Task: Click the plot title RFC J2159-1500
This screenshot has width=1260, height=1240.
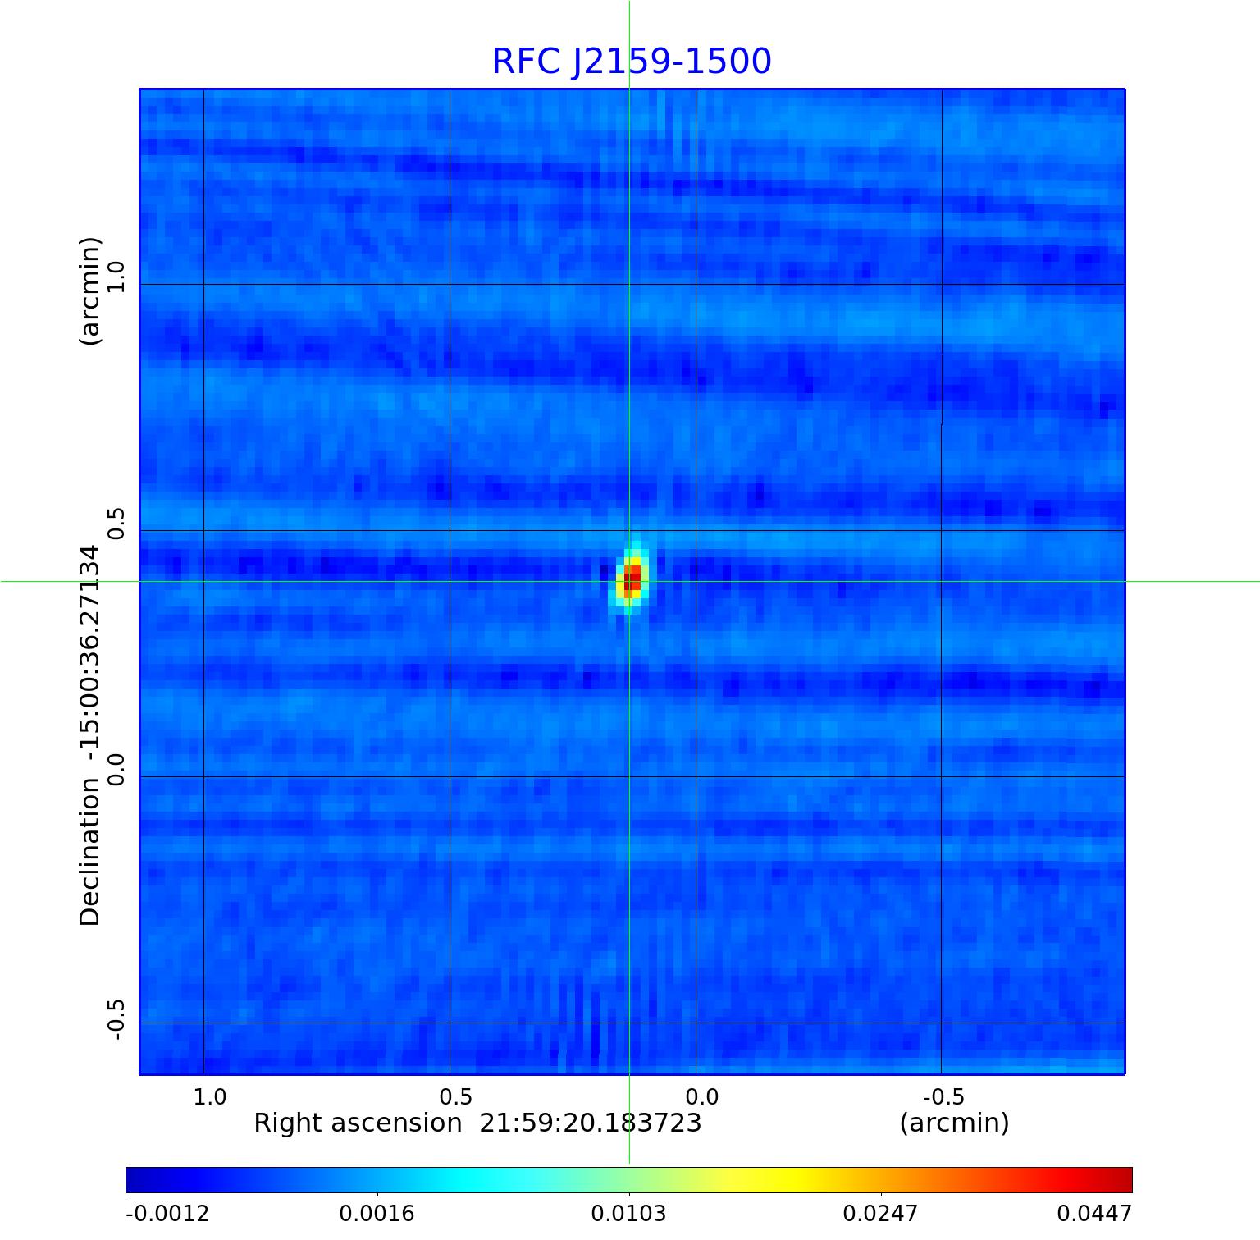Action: pos(631,62)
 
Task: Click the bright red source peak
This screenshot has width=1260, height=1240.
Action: pos(632,579)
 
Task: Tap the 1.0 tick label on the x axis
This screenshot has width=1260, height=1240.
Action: pos(210,1096)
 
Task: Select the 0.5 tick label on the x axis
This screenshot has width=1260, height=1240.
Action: pos(456,1096)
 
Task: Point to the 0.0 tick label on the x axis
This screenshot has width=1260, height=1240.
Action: pos(702,1096)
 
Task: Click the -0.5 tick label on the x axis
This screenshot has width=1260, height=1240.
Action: pos(944,1096)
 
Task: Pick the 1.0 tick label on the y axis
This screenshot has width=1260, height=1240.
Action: pos(116,277)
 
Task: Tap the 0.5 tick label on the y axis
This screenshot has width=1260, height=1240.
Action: pos(116,524)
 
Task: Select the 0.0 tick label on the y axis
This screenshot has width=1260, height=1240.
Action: pos(116,770)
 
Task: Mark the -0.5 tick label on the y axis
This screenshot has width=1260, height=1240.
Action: pos(116,1020)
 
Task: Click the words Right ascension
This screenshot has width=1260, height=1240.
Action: pos(358,1123)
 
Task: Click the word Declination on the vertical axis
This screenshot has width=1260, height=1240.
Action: pos(90,851)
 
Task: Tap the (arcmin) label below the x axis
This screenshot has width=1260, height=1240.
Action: pos(954,1123)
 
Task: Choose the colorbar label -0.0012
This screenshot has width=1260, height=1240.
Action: pos(167,1213)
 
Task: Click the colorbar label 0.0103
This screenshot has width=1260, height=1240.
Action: pos(629,1213)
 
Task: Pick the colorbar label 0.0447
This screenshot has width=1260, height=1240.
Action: pos(1093,1213)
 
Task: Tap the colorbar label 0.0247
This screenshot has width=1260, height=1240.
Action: pos(881,1213)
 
